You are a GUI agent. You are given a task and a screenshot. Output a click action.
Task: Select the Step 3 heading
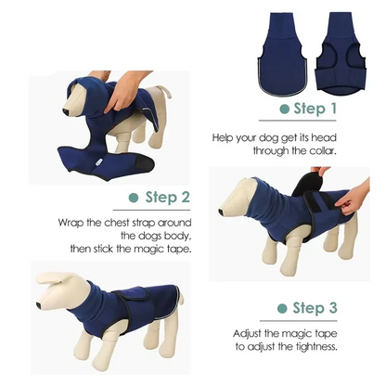tap(316, 308)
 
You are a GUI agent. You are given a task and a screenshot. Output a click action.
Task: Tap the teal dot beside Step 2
tap(134, 198)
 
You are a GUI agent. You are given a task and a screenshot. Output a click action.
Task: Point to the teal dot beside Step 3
tap(279, 308)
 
